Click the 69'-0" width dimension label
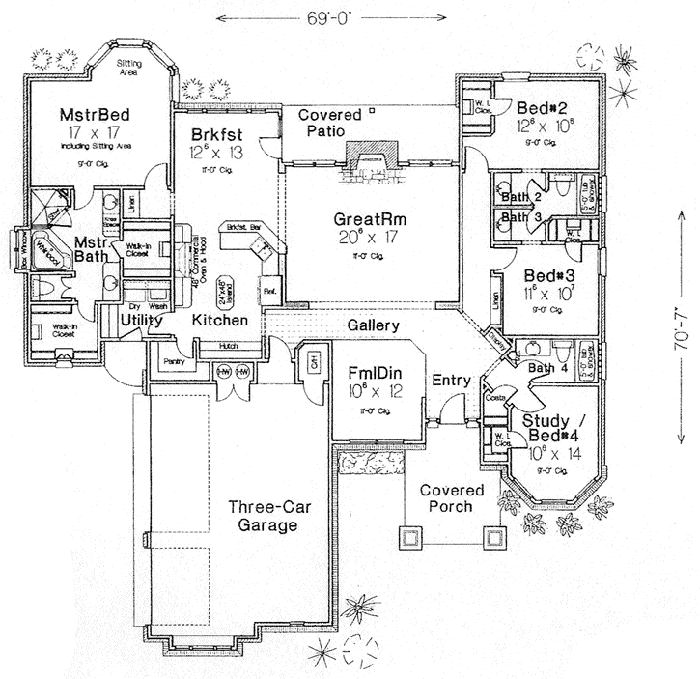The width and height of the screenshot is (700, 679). tap(333, 17)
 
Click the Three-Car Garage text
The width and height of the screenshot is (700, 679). tap(262, 516)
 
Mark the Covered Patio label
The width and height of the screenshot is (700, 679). tap(329, 123)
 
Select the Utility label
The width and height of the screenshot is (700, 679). tap(142, 319)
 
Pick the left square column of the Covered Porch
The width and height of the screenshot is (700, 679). tap(408, 536)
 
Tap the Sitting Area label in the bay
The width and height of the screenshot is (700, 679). tap(131, 67)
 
